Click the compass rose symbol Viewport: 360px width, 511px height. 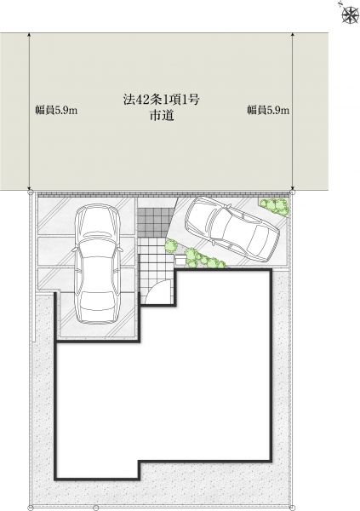click(351, 14)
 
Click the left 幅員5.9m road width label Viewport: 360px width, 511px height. click(56, 110)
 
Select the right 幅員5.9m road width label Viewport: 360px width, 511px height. click(268, 110)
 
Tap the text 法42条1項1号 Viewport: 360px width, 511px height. click(161, 100)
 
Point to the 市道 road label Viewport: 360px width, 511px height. click(161, 115)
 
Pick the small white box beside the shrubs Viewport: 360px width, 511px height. click(180, 260)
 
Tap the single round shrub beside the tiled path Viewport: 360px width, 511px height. click(170, 245)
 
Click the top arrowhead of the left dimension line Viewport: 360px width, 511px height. click(30, 35)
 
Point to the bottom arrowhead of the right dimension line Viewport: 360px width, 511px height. click(293, 188)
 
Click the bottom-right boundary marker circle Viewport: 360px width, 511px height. click(292, 508)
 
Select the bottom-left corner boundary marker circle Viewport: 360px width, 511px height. click(31, 508)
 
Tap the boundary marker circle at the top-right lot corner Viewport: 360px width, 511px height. click(293, 193)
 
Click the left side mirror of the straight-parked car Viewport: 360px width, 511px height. click(75, 250)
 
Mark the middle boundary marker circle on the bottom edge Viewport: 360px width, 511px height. click(96, 508)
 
